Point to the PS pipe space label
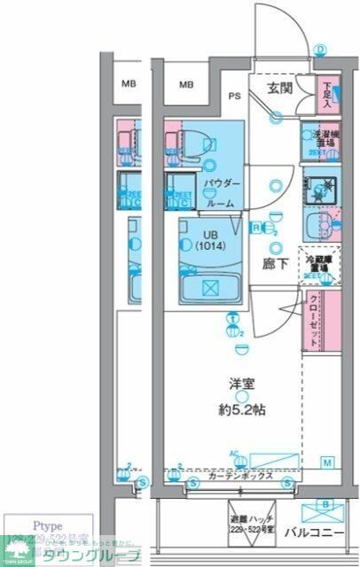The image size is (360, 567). (235, 96)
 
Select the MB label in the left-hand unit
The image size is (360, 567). (129, 85)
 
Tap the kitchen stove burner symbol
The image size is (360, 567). (319, 188)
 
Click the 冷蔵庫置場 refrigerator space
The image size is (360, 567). (318, 262)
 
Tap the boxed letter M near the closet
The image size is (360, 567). (326, 463)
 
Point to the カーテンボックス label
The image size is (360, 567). (241, 476)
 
